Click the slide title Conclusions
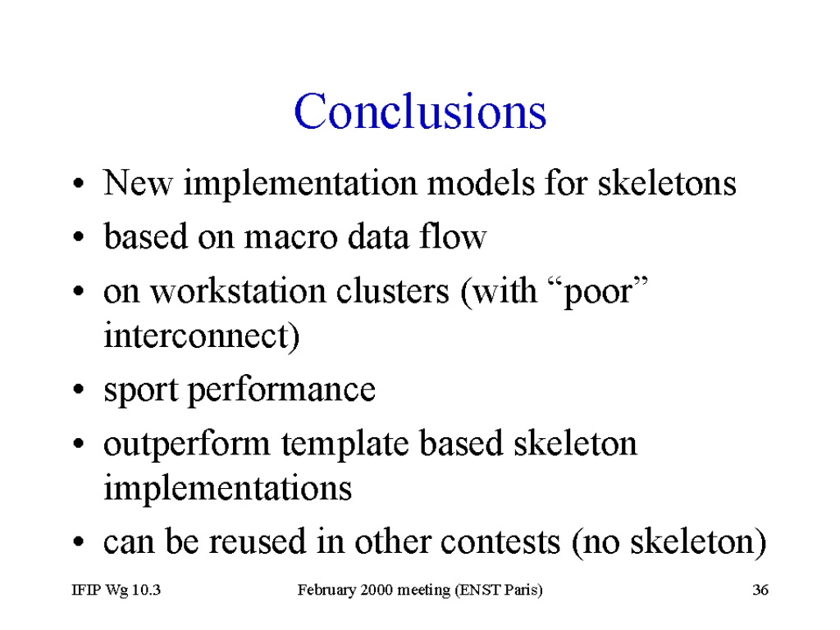[x=420, y=111]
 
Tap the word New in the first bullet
[x=138, y=183]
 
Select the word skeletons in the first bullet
[x=667, y=183]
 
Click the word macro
[x=290, y=236]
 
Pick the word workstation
[x=238, y=291]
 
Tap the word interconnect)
[x=202, y=336]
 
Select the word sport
[x=141, y=390]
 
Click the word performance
[x=281, y=390]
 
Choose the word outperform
[x=186, y=445]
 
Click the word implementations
[x=227, y=489]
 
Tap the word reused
[x=257, y=541]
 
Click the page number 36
[x=760, y=590]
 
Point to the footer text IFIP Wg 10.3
[x=116, y=590]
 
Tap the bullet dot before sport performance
[x=79, y=390]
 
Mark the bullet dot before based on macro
[x=79, y=236]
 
